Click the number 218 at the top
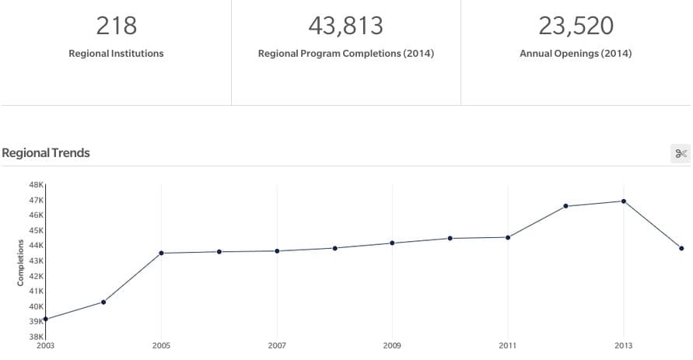pyautogui.click(x=116, y=26)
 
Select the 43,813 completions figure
pyautogui.click(x=345, y=26)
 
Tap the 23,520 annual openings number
pyautogui.click(x=576, y=26)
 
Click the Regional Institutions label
pyautogui.click(x=116, y=54)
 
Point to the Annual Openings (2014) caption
pyautogui.click(x=576, y=54)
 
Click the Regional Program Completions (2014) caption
pyautogui.click(x=345, y=54)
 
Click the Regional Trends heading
pyautogui.click(x=46, y=153)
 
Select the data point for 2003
pyautogui.click(x=46, y=319)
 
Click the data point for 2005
pyautogui.click(x=162, y=253)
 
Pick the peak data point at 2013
pyautogui.click(x=624, y=201)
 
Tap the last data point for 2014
pyautogui.click(x=681, y=248)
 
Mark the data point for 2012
pyautogui.click(x=565, y=206)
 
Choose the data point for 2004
pyautogui.click(x=103, y=302)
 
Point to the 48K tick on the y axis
pyautogui.click(x=37, y=185)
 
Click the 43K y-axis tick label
pyautogui.click(x=37, y=260)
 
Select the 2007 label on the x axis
pyautogui.click(x=277, y=345)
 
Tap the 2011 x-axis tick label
pyautogui.click(x=508, y=345)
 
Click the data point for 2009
pyautogui.click(x=392, y=243)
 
